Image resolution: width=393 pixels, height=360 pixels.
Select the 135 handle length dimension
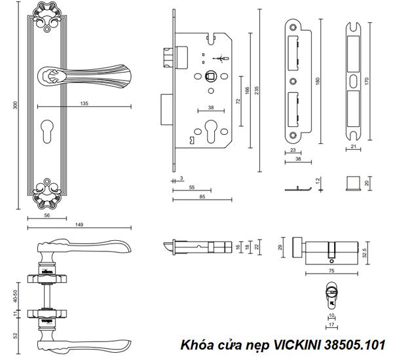(84, 102)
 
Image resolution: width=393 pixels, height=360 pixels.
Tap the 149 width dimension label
(79, 225)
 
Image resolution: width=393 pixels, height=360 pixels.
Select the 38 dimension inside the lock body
(211, 107)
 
